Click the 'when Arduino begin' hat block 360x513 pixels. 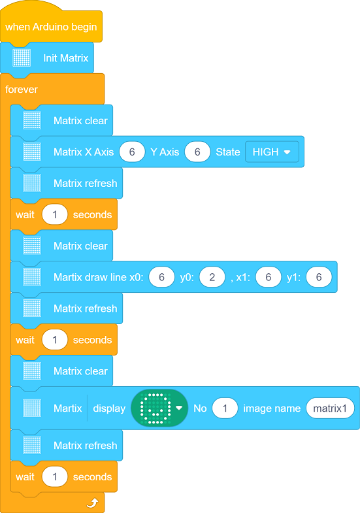(51, 27)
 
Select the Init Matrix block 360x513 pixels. (47, 58)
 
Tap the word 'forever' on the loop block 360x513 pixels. (22, 90)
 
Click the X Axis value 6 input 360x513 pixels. (132, 152)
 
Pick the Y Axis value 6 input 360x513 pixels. (197, 152)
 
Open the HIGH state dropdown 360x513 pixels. (272, 152)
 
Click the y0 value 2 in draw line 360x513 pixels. (212, 277)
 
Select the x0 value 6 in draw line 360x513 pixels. (162, 277)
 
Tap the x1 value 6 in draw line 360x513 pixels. (269, 277)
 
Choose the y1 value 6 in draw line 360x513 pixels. (319, 277)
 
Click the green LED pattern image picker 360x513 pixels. (159, 408)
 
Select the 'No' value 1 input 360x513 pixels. (225, 408)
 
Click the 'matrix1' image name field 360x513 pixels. (330, 408)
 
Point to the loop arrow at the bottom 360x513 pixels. (93, 503)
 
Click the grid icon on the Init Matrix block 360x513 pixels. (22, 58)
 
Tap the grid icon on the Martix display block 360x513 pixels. (32, 408)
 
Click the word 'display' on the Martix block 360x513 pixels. (109, 408)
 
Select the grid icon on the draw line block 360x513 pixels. (32, 277)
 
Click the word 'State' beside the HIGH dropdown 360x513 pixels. (228, 152)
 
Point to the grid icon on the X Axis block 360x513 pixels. (32, 152)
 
